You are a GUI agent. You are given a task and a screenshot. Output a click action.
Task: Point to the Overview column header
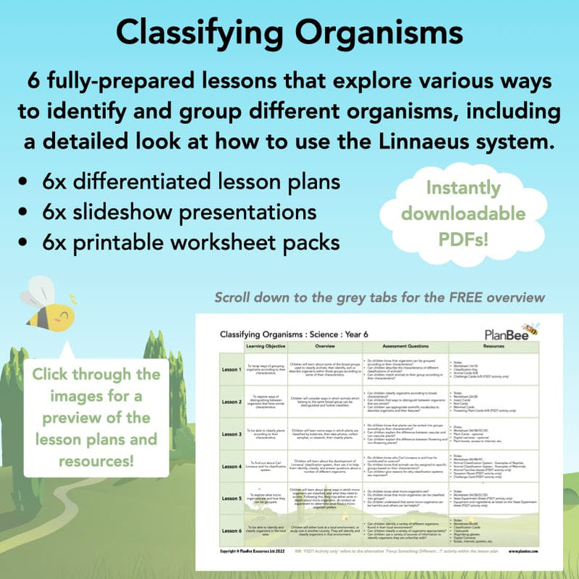[326, 347]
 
